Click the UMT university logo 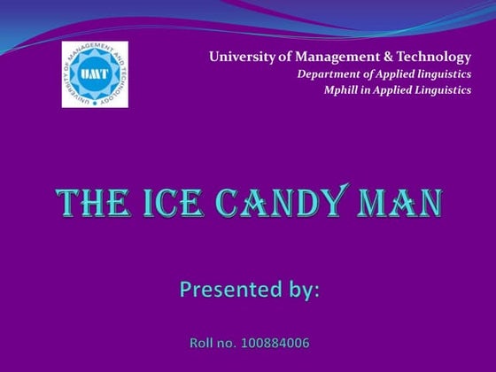(94, 74)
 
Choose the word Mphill (343, 90)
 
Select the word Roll (204, 342)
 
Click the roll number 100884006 (275, 342)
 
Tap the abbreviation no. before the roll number (229, 342)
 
